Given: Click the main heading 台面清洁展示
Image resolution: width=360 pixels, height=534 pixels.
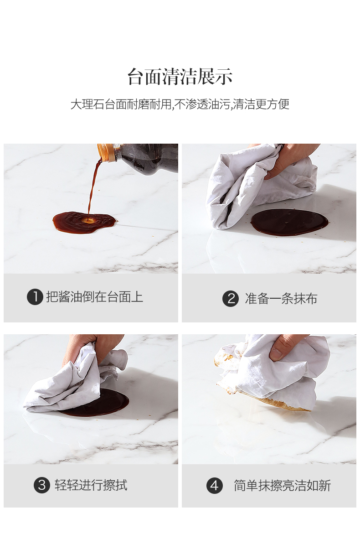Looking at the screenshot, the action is click(x=180, y=76).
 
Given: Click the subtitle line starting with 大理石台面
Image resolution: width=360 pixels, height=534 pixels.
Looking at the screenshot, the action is click(x=180, y=104).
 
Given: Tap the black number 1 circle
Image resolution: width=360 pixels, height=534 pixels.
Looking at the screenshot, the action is click(x=35, y=297).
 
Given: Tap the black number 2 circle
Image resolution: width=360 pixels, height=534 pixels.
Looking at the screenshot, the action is click(x=231, y=299).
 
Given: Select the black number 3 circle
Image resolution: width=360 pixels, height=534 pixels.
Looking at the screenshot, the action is click(x=42, y=485).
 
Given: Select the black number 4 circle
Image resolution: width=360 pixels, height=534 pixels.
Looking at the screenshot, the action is click(x=214, y=485).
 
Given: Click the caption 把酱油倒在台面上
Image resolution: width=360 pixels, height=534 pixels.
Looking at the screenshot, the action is click(x=95, y=297).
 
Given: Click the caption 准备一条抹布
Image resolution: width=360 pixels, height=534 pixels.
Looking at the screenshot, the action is click(x=281, y=299).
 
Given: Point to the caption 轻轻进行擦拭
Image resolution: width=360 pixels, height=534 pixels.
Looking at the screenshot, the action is click(x=91, y=485).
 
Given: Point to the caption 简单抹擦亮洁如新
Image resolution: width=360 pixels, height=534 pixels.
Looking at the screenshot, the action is click(x=283, y=485).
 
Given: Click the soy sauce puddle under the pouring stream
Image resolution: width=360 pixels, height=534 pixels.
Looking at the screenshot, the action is click(x=84, y=223).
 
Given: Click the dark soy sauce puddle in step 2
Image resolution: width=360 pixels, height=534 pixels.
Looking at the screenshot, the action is click(x=289, y=222).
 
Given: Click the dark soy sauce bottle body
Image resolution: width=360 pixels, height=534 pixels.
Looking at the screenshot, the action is click(x=146, y=158).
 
